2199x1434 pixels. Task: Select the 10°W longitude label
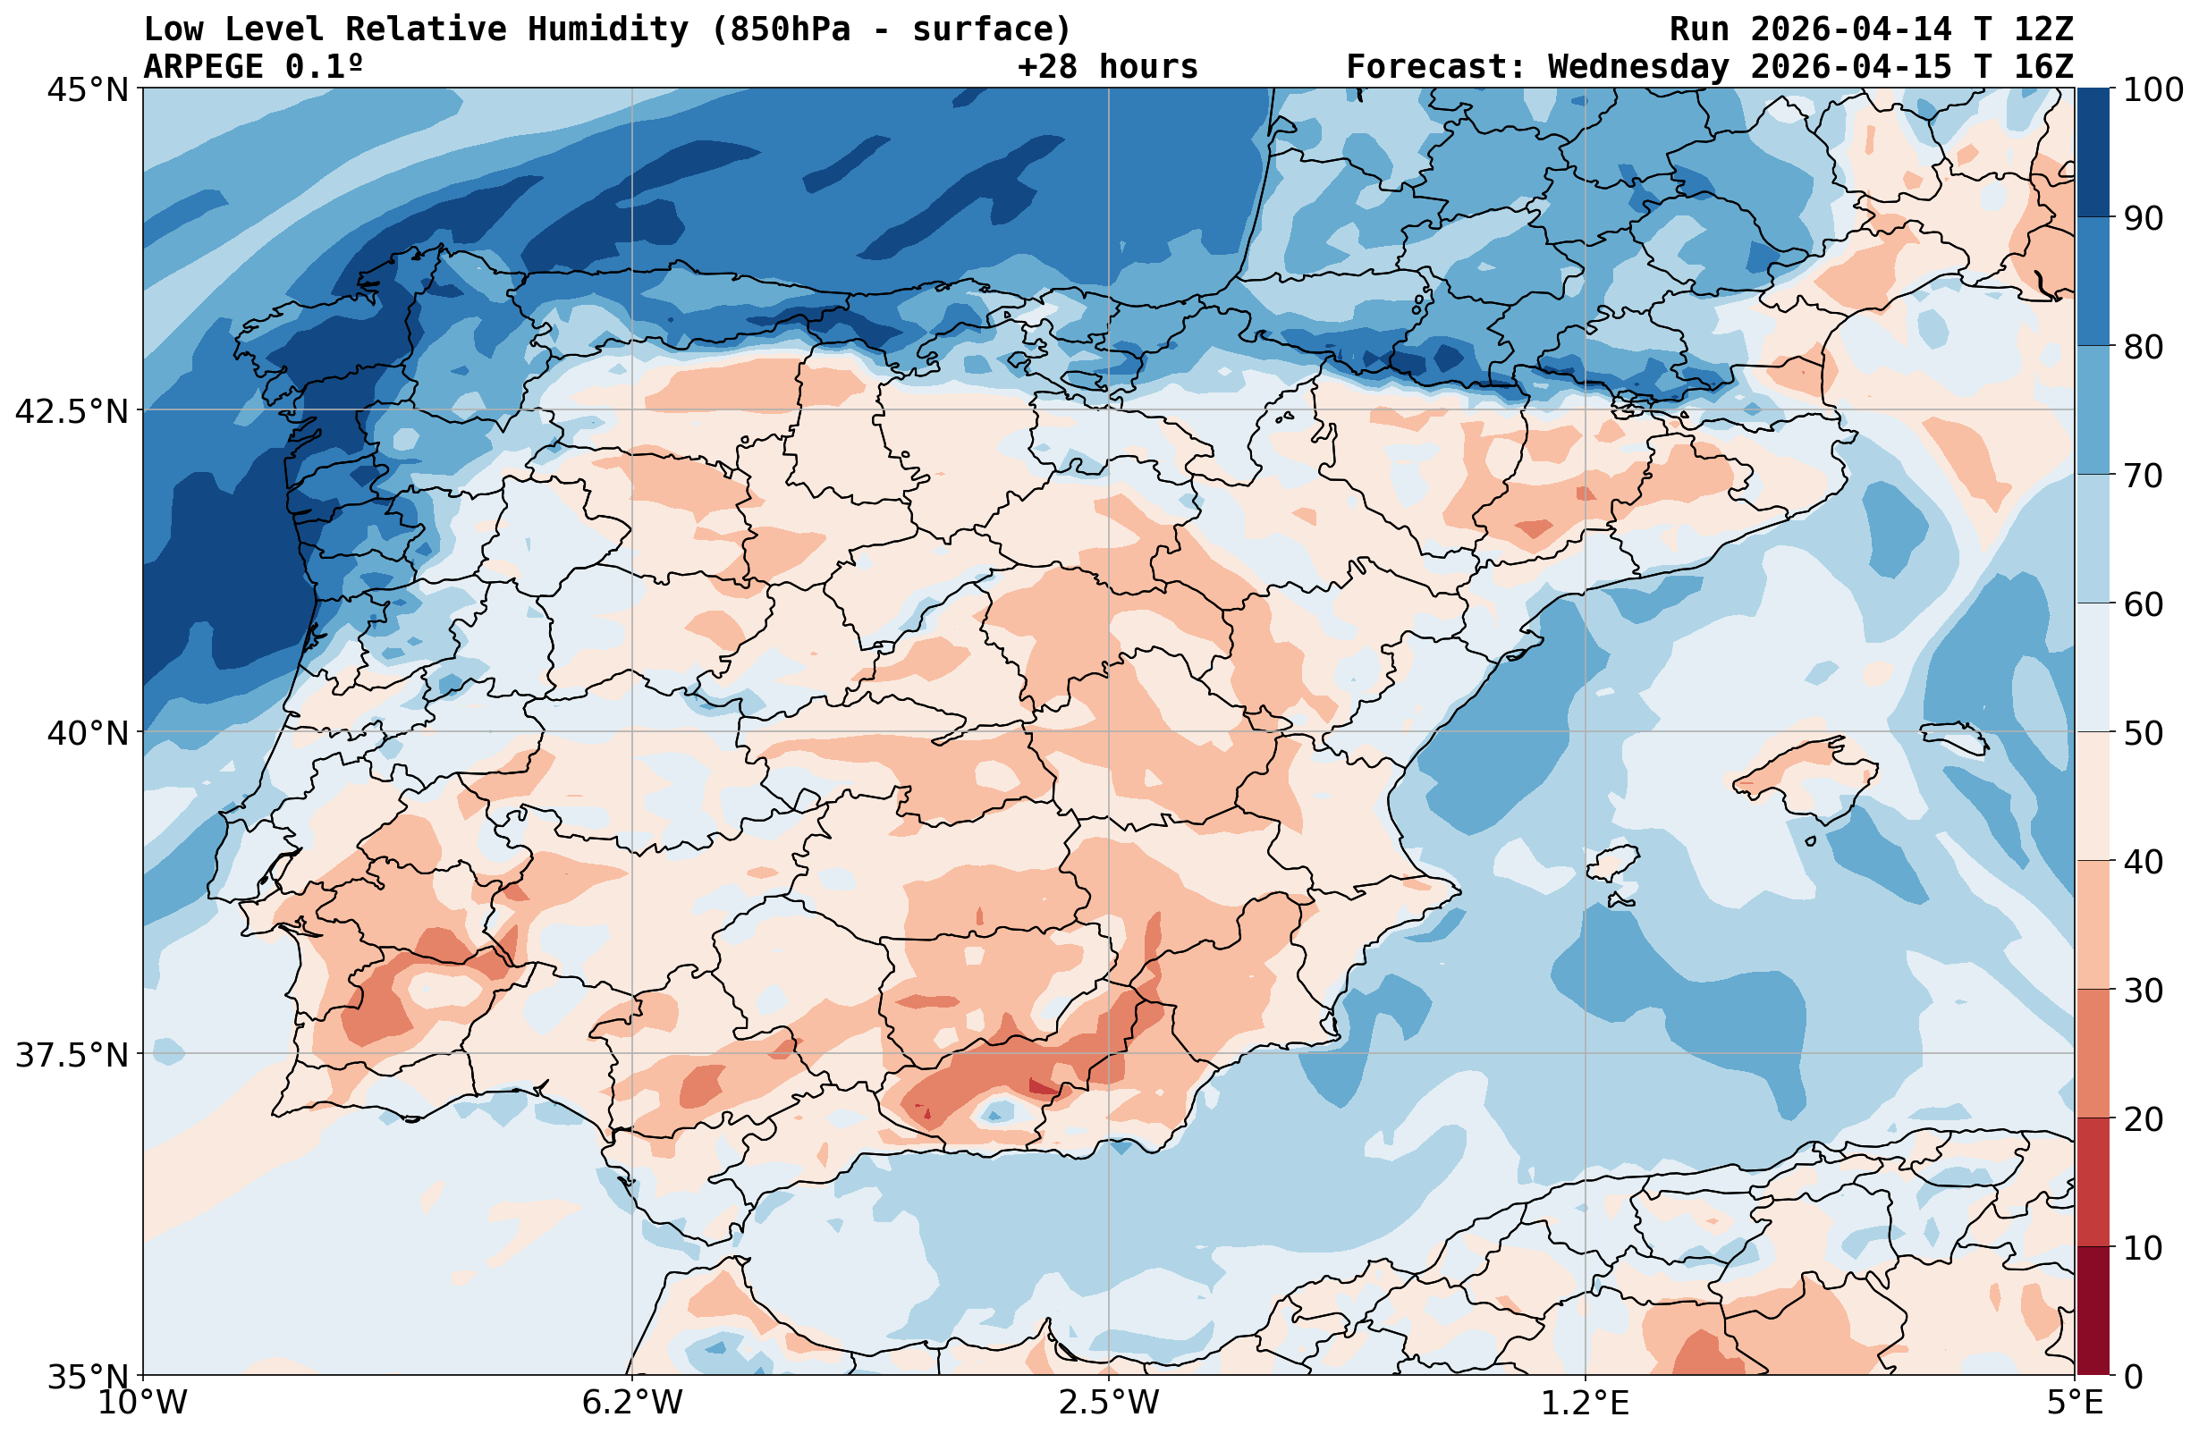coord(143,1404)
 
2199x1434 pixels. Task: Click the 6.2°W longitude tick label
coord(632,1404)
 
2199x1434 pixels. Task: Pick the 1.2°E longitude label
coord(1585,1404)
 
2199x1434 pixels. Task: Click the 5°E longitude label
coord(2076,1404)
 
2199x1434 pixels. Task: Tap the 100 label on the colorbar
coord(2152,90)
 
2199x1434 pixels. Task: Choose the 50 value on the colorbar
coord(2143,734)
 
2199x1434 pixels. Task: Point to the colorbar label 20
coord(2143,1120)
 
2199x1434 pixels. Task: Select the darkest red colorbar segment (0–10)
coord(2093,1312)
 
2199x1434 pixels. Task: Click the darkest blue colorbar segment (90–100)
coord(2093,153)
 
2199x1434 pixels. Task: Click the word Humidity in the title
coord(608,30)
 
